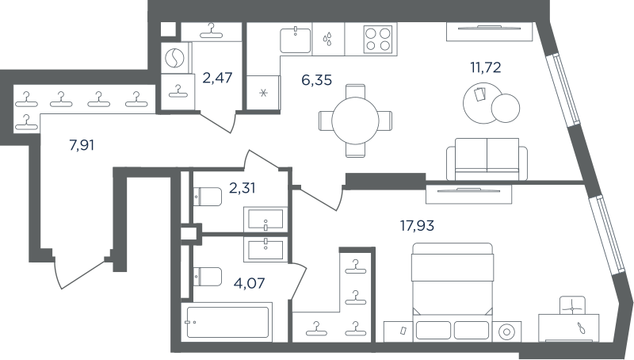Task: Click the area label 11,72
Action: coord(485,67)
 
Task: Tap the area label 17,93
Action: coord(417,225)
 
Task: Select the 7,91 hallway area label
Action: coord(82,144)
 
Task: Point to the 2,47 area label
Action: coord(217,77)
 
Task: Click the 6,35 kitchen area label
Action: coord(316,79)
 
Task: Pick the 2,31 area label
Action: coord(243,188)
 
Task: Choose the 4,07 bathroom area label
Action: coord(250,282)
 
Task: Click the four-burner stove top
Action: coord(378,39)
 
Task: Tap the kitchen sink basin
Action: coord(296,40)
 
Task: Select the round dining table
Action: coord(355,121)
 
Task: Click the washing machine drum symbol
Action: coord(175,58)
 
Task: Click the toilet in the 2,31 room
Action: coord(208,197)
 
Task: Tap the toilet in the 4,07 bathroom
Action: coord(208,277)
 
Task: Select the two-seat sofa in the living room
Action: coord(487,159)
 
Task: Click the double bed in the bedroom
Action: coord(452,291)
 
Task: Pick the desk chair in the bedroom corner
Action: coord(572,305)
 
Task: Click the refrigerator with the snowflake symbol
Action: coord(263,93)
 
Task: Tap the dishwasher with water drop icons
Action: coord(328,39)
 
